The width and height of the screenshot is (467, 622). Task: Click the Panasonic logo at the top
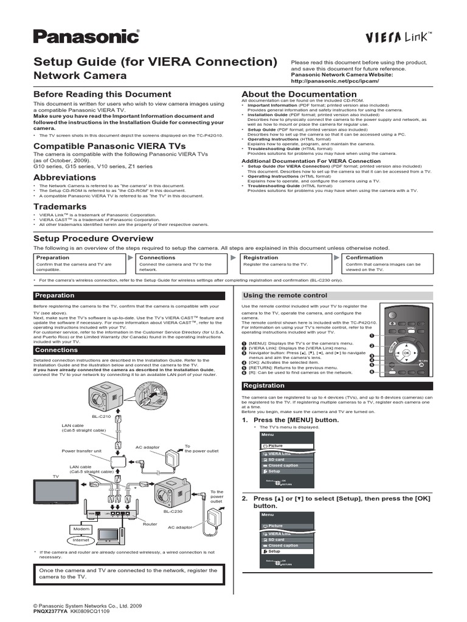tap(86, 37)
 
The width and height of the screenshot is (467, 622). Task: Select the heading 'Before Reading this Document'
tap(102, 94)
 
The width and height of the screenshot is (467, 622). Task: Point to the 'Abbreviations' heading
tap(64, 177)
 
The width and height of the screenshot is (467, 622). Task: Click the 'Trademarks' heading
tap(59, 207)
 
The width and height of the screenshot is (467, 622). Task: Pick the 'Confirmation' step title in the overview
tap(365, 258)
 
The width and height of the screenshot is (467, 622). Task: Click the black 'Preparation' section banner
tap(55, 296)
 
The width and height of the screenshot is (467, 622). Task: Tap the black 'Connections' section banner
tap(56, 350)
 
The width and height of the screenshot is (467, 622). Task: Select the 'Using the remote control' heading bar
tap(285, 295)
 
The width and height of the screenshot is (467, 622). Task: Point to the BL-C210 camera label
tap(103, 417)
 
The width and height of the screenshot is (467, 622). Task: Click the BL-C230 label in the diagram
tap(171, 511)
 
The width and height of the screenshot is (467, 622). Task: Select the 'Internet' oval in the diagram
tap(81, 540)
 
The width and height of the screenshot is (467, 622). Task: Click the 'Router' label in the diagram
tap(150, 523)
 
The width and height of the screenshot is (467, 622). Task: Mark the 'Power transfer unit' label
tap(82, 451)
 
